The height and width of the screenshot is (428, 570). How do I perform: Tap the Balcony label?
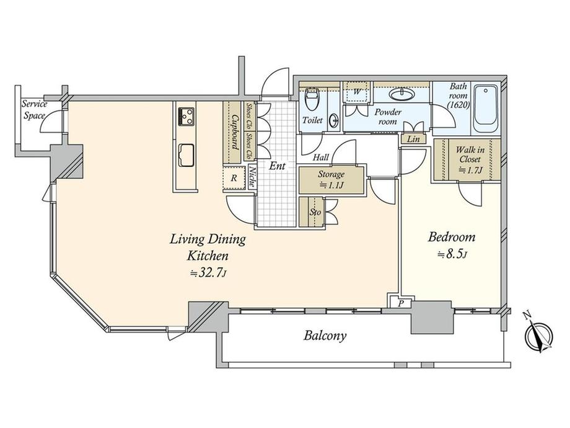point(325,336)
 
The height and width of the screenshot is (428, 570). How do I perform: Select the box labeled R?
point(233,178)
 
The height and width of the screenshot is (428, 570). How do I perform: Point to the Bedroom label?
point(452,238)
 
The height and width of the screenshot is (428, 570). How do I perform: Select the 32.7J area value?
point(208,272)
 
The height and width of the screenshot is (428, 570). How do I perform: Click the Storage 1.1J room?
point(332,179)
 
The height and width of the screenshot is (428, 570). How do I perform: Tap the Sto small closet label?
point(314,212)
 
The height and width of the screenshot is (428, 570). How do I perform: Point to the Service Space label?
point(35,110)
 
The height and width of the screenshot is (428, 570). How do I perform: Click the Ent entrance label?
point(277,166)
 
